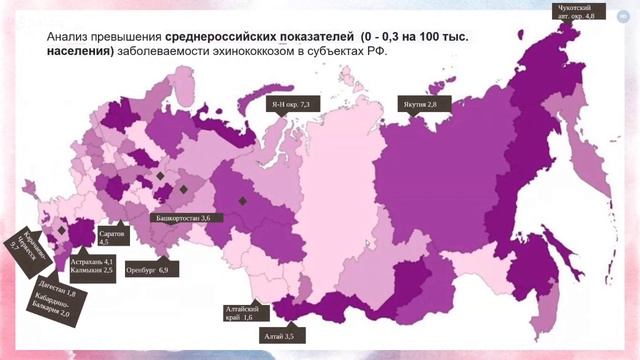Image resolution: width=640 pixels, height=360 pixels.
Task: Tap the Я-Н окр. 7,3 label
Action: coord(292,104)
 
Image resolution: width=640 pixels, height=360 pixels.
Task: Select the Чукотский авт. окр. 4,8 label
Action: coord(576,12)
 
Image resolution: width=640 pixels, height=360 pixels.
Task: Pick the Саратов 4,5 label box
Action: coord(112,237)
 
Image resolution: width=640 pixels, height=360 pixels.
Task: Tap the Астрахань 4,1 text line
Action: coord(92,261)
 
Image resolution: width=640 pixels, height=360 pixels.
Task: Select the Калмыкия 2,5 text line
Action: coord(92,270)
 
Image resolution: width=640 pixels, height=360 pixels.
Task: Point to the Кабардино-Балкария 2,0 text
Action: coord(50,309)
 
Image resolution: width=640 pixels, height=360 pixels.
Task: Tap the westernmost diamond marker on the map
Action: coord(61,231)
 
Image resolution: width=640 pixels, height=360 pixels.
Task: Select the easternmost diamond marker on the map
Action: coord(242,200)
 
